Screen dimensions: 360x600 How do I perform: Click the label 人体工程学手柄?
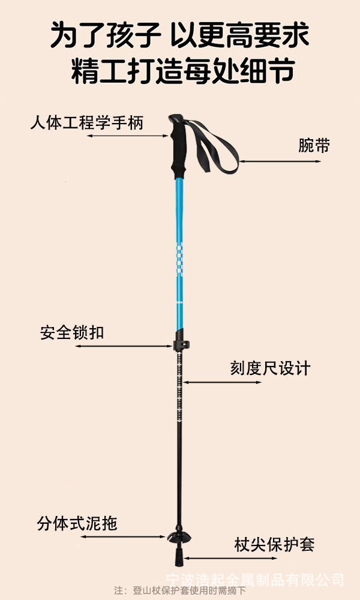[87, 124]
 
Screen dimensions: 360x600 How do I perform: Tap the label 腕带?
[314, 145]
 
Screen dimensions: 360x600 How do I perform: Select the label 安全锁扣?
[72, 332]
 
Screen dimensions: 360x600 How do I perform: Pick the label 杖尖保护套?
[274, 545]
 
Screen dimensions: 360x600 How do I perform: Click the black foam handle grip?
[178, 146]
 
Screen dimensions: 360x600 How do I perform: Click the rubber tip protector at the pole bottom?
[179, 557]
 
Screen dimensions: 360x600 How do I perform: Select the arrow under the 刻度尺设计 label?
[222, 382]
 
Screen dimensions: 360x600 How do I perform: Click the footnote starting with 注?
[180, 590]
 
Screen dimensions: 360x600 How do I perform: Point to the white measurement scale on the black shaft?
[179, 390]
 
